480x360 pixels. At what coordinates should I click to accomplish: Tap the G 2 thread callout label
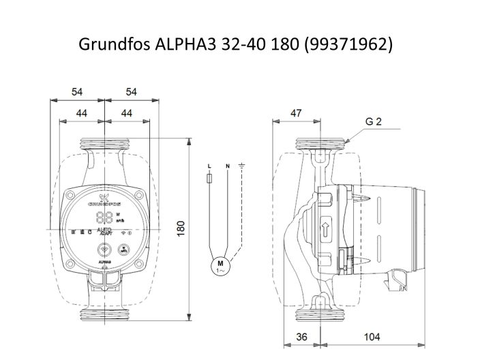coord(373,122)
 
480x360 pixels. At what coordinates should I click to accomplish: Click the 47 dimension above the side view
coord(296,113)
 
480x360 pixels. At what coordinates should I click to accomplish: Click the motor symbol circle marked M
coord(220,265)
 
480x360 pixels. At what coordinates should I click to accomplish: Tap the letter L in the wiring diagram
coord(209,166)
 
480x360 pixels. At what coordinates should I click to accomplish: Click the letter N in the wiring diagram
coord(226,166)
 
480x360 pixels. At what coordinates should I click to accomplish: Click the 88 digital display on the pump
coord(104,218)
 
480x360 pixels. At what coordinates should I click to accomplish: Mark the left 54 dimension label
coord(76,91)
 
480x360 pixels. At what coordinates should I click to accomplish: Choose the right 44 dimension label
coord(125,112)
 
